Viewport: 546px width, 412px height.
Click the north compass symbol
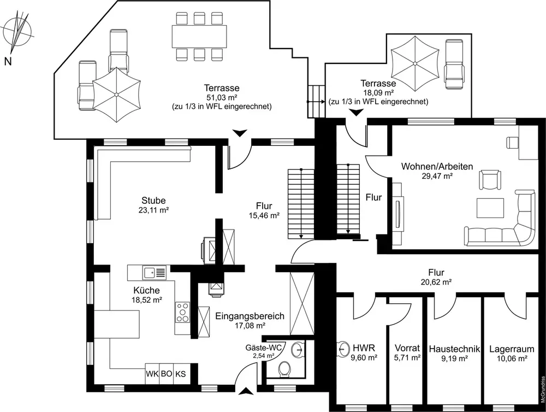[18, 32]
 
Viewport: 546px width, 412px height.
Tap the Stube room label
[153, 201]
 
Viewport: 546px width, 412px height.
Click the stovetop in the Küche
[182, 312]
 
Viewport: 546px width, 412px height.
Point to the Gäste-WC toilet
[284, 370]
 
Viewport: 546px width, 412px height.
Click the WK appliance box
[151, 374]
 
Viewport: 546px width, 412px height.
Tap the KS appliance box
[180, 374]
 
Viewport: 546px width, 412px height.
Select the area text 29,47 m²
[437, 176]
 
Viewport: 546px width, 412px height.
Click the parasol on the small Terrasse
[414, 62]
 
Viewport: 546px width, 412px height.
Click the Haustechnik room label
[454, 348]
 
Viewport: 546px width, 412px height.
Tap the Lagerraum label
[508, 348]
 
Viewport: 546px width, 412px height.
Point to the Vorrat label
[407, 348]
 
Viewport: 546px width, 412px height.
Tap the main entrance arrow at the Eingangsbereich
[247, 390]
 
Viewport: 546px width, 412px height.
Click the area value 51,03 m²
[222, 97]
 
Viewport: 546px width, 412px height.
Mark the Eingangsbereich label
[250, 316]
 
